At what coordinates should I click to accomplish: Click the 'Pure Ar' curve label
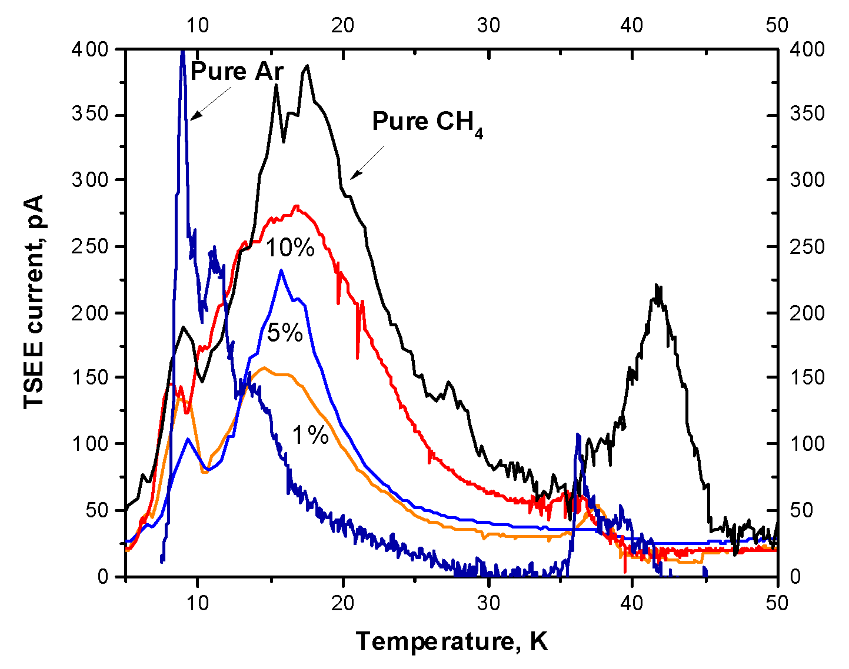[x=237, y=72]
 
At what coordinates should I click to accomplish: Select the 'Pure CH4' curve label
[x=427, y=123]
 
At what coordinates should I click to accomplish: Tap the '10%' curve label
[x=291, y=248]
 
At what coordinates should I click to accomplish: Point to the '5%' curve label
[x=285, y=333]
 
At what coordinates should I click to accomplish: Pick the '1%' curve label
[x=310, y=436]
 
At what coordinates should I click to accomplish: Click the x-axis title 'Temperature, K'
[x=451, y=641]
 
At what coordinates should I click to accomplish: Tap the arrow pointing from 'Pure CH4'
[x=367, y=163]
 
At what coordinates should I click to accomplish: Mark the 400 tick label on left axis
[x=91, y=49]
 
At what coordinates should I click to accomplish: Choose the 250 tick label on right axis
[x=807, y=246]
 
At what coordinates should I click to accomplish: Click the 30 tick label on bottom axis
[x=488, y=603]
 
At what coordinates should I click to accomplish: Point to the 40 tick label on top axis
[x=632, y=25]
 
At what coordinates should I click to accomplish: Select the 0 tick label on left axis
[x=104, y=577]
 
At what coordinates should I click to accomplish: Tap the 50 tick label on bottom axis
[x=777, y=603]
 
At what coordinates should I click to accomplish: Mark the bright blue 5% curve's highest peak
[x=281, y=270]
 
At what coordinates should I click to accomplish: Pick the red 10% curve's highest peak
[x=297, y=206]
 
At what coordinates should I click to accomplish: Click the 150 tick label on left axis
[x=91, y=377]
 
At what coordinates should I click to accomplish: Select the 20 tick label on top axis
[x=343, y=25]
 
